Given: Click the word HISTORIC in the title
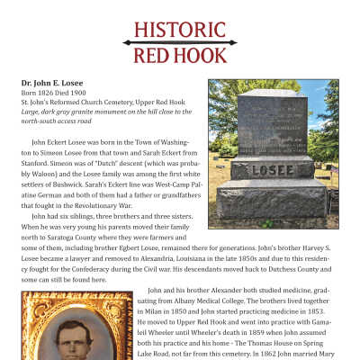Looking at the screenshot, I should [180, 29].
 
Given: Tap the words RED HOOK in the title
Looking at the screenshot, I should [180, 56].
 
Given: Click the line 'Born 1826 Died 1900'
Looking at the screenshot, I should [53, 92].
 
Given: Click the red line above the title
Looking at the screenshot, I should [180, 41].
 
